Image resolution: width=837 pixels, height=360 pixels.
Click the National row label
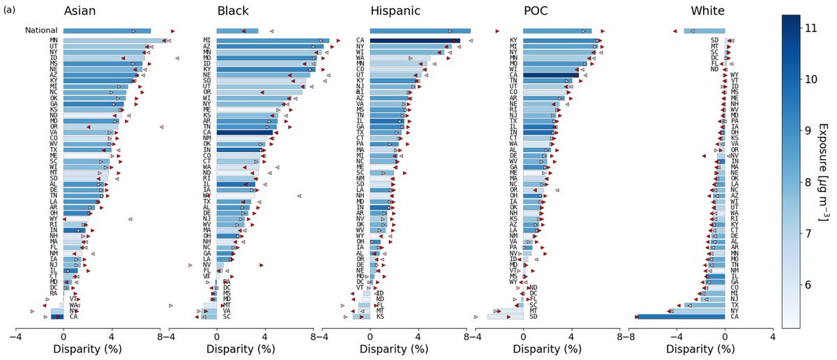click(x=41, y=31)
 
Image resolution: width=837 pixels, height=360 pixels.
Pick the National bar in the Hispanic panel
click(x=420, y=31)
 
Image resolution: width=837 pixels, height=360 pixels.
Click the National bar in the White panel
click(x=704, y=31)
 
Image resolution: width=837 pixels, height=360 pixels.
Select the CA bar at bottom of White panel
click(x=681, y=317)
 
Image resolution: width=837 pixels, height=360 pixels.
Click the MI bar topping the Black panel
click(x=273, y=40)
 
